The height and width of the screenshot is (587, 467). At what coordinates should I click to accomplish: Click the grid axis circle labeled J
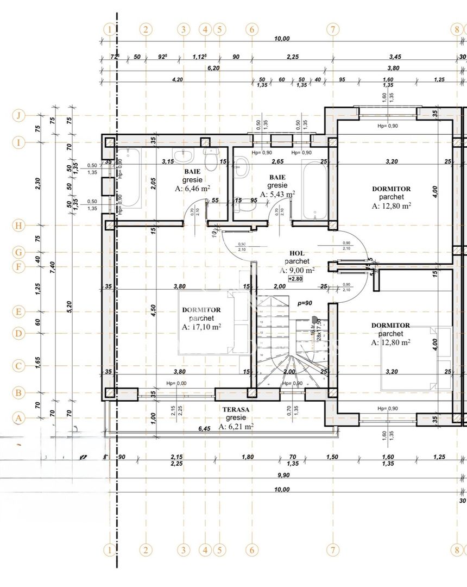click(x=19, y=115)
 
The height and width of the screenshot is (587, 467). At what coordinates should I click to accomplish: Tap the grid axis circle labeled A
click(x=19, y=418)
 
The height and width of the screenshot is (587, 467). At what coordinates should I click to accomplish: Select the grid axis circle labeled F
click(x=19, y=267)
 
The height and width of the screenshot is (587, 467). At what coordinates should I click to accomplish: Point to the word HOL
click(x=296, y=253)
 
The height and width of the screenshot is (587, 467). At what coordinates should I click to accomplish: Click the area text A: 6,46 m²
click(x=192, y=189)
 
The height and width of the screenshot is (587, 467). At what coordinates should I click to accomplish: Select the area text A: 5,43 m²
click(x=277, y=194)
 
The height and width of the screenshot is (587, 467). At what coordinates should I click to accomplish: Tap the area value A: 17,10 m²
click(x=201, y=327)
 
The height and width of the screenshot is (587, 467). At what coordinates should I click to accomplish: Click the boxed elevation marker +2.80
click(x=295, y=279)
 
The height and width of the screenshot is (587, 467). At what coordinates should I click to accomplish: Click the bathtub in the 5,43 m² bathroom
click(x=314, y=190)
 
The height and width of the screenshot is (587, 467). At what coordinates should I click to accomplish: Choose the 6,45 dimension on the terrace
click(x=205, y=429)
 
